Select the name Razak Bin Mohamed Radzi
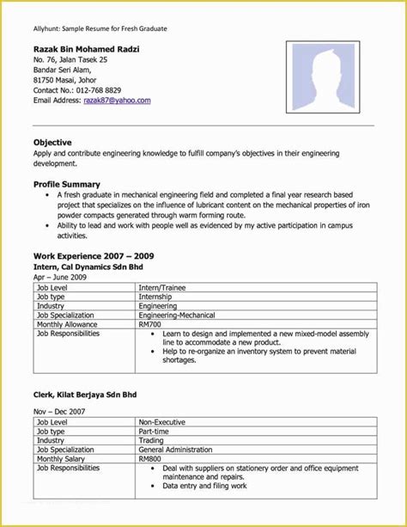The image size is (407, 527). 85,48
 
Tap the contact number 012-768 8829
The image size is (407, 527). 101,90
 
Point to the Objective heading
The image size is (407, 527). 52,142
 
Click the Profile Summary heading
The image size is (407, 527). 67,184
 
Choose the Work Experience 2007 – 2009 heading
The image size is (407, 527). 94,256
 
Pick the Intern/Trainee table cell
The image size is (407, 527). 162,287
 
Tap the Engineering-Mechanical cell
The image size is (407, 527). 178,316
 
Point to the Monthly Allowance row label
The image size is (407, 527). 70,325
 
